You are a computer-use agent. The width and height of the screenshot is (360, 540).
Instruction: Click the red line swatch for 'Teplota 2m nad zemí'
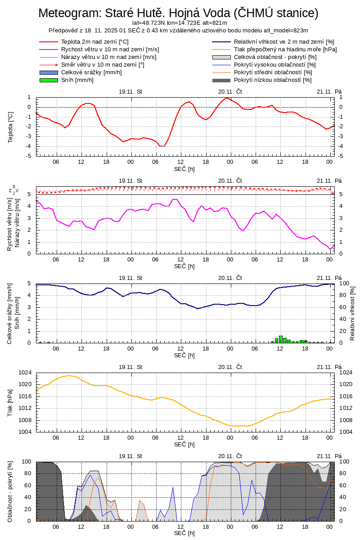[x=49, y=42]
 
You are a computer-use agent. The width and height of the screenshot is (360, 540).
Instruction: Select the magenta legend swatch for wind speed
[x=49, y=49]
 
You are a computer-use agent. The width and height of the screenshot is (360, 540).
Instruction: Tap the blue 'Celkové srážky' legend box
[x=49, y=72]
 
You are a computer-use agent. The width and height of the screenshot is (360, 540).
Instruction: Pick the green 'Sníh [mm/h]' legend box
[x=49, y=80]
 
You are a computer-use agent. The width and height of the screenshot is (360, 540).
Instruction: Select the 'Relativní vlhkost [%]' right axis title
[x=352, y=313]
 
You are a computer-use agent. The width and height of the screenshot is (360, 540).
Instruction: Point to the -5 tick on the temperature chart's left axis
[x=28, y=156]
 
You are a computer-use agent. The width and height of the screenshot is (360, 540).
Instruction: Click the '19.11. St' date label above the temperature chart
[x=130, y=91]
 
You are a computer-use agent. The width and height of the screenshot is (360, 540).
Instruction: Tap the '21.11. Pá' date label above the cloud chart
[x=329, y=456]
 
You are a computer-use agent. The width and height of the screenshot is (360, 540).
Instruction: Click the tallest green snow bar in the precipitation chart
[x=281, y=339]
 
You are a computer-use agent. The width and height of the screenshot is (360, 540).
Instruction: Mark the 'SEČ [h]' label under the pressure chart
[x=184, y=445]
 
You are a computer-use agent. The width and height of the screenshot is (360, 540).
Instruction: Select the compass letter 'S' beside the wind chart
[x=14, y=187]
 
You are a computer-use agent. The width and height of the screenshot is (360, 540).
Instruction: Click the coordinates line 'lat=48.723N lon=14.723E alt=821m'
[x=179, y=22]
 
